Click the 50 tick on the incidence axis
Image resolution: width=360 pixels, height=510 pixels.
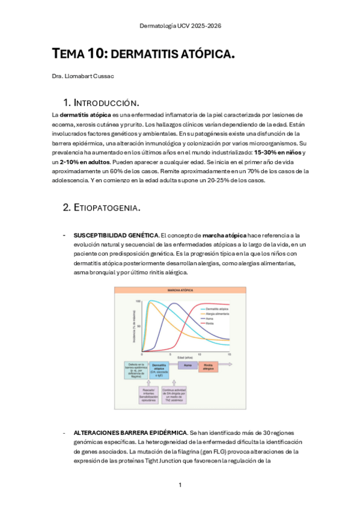[x=138, y=325]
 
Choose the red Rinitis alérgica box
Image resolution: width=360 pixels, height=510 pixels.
[x=207, y=366]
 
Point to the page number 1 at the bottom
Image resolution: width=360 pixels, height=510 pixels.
[x=180, y=485]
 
